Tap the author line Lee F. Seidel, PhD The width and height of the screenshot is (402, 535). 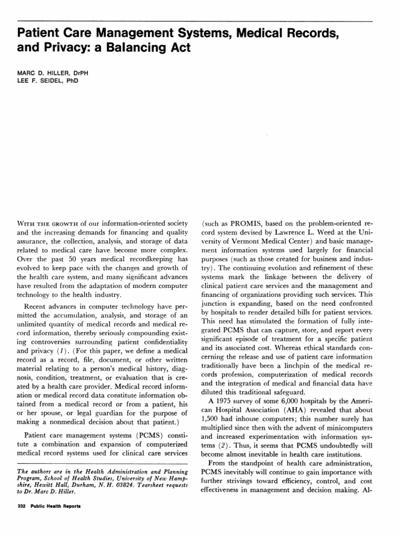click(48, 82)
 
